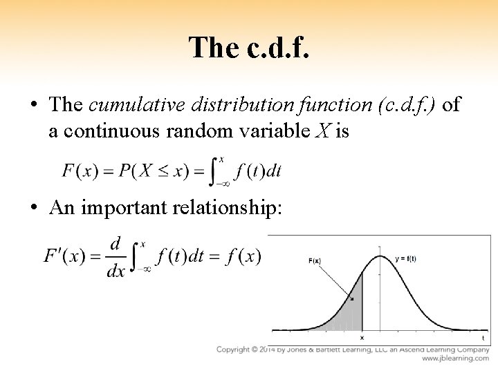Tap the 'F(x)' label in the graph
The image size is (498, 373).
click(x=315, y=260)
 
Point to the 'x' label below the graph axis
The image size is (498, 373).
click(x=362, y=338)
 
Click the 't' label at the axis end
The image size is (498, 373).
click(x=483, y=338)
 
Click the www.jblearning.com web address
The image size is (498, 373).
click(x=455, y=359)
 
